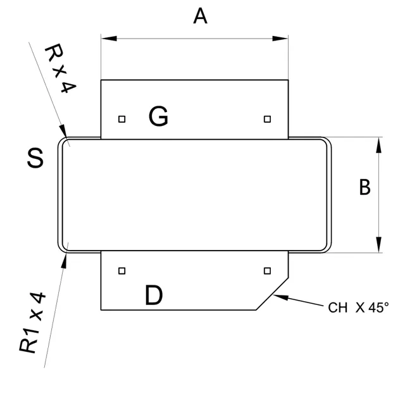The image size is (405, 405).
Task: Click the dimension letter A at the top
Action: point(200,16)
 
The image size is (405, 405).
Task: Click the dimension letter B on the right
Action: point(364,187)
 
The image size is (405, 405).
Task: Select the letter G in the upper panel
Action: point(158,116)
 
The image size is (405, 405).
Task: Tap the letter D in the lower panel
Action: point(154,296)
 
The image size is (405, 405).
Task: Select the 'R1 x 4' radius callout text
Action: point(32,322)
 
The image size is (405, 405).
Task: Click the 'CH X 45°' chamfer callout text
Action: point(358,308)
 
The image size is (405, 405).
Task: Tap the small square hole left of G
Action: point(122,118)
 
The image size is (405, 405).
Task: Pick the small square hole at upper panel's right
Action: point(268,118)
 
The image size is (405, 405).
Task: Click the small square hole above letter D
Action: point(122,271)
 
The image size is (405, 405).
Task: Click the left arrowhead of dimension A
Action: point(108,39)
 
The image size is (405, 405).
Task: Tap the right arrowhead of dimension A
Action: point(282,39)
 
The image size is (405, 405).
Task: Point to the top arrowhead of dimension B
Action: point(378,144)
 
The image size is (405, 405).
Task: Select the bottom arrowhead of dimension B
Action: point(378,246)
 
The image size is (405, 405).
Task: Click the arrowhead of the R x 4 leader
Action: point(64,132)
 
